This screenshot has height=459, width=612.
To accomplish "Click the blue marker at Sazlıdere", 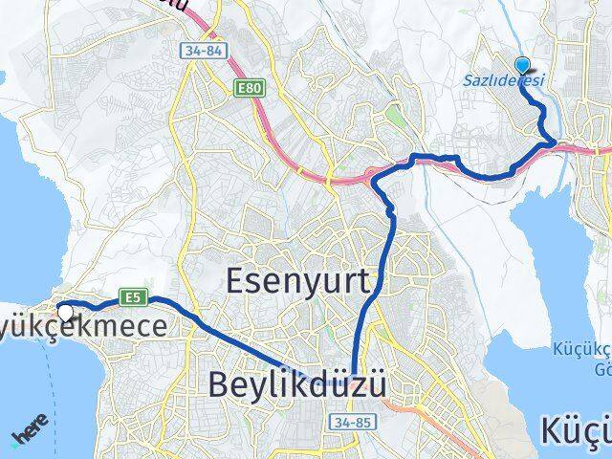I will tap(522, 65).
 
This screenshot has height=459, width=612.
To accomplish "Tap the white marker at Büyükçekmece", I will tap(65, 313).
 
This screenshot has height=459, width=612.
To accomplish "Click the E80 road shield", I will tap(247, 88).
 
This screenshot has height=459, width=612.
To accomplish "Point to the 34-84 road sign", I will tap(195, 48).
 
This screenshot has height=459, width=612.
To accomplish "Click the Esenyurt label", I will tap(303, 279).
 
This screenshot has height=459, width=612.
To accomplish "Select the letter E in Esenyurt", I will tap(235, 279).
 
